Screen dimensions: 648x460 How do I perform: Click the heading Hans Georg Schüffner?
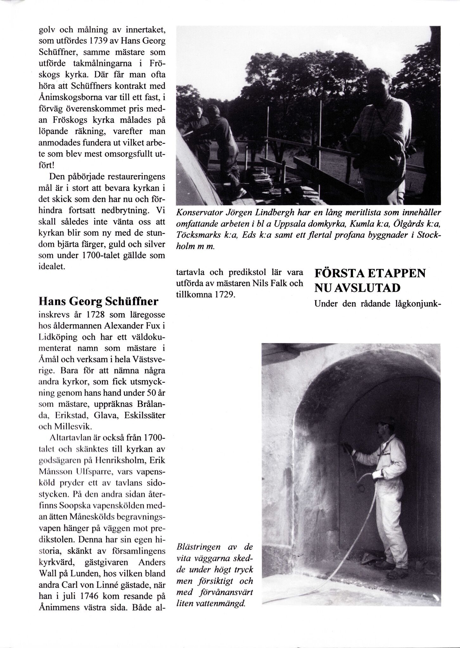tap(98, 301)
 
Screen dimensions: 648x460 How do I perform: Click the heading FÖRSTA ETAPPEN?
tap(370, 273)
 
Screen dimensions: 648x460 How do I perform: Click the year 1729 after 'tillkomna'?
tap(224, 294)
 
